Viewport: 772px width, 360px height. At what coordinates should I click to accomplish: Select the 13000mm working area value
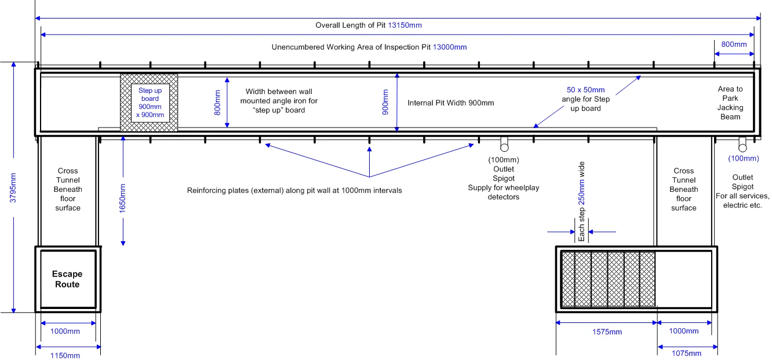pyautogui.click(x=449, y=47)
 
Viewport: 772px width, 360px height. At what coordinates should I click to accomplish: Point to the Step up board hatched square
pyautogui.click(x=148, y=103)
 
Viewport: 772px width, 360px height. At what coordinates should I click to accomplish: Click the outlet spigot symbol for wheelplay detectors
pyautogui.click(x=504, y=143)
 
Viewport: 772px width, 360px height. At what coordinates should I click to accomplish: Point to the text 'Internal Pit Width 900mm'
pyautogui.click(x=451, y=103)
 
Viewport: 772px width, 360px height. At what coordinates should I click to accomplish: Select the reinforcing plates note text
pyautogui.click(x=294, y=190)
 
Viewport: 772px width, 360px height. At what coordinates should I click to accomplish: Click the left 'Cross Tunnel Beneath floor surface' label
pyautogui.click(x=68, y=189)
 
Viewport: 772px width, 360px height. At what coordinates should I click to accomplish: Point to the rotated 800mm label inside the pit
pyautogui.click(x=217, y=101)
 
